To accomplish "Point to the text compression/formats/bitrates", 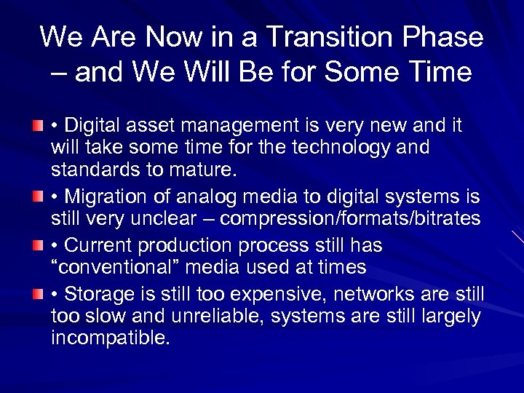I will click(350, 218).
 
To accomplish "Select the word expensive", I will click(279, 295).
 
